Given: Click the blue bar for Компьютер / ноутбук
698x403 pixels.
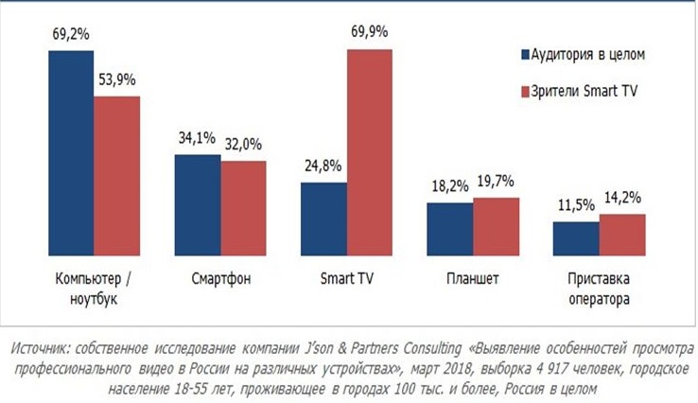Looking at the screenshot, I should point(71,151).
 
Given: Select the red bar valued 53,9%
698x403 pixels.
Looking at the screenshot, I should point(116,174).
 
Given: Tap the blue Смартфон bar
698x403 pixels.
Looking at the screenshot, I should point(198,202).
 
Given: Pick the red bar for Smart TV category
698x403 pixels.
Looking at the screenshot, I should point(370,150).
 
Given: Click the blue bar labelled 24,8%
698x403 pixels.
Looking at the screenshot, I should point(323,217).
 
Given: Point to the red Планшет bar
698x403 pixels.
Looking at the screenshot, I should point(496,224).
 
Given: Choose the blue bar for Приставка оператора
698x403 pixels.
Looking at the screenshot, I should point(575,237).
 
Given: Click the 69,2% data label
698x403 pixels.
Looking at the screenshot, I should point(71,35).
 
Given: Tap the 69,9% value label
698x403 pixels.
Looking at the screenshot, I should point(370,33).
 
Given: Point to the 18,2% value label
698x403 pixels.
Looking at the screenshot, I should point(449,186).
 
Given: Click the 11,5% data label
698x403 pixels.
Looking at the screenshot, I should point(576,206).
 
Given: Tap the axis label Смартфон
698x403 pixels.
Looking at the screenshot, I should point(220,280).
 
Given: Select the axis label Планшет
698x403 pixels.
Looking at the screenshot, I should point(473,280).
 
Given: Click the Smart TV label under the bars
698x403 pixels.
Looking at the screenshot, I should point(346,280).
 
